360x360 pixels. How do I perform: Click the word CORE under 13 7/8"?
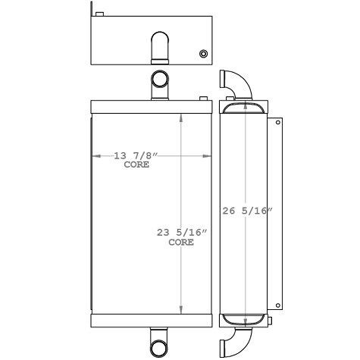136,164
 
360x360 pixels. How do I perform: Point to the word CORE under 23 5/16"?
180,243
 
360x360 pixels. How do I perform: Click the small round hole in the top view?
202,54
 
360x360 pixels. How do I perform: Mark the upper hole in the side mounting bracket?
277,122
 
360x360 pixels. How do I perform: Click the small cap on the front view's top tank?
202,98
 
